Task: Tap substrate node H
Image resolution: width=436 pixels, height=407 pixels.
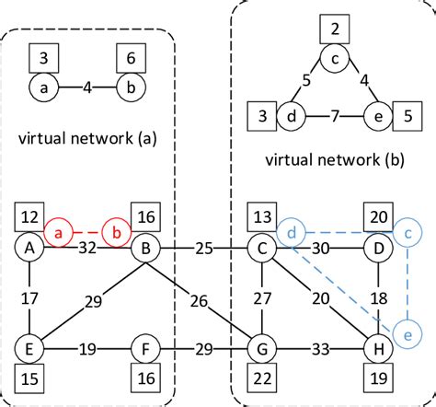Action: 376,350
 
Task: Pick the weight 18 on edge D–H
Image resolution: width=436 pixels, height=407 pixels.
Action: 376,298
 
